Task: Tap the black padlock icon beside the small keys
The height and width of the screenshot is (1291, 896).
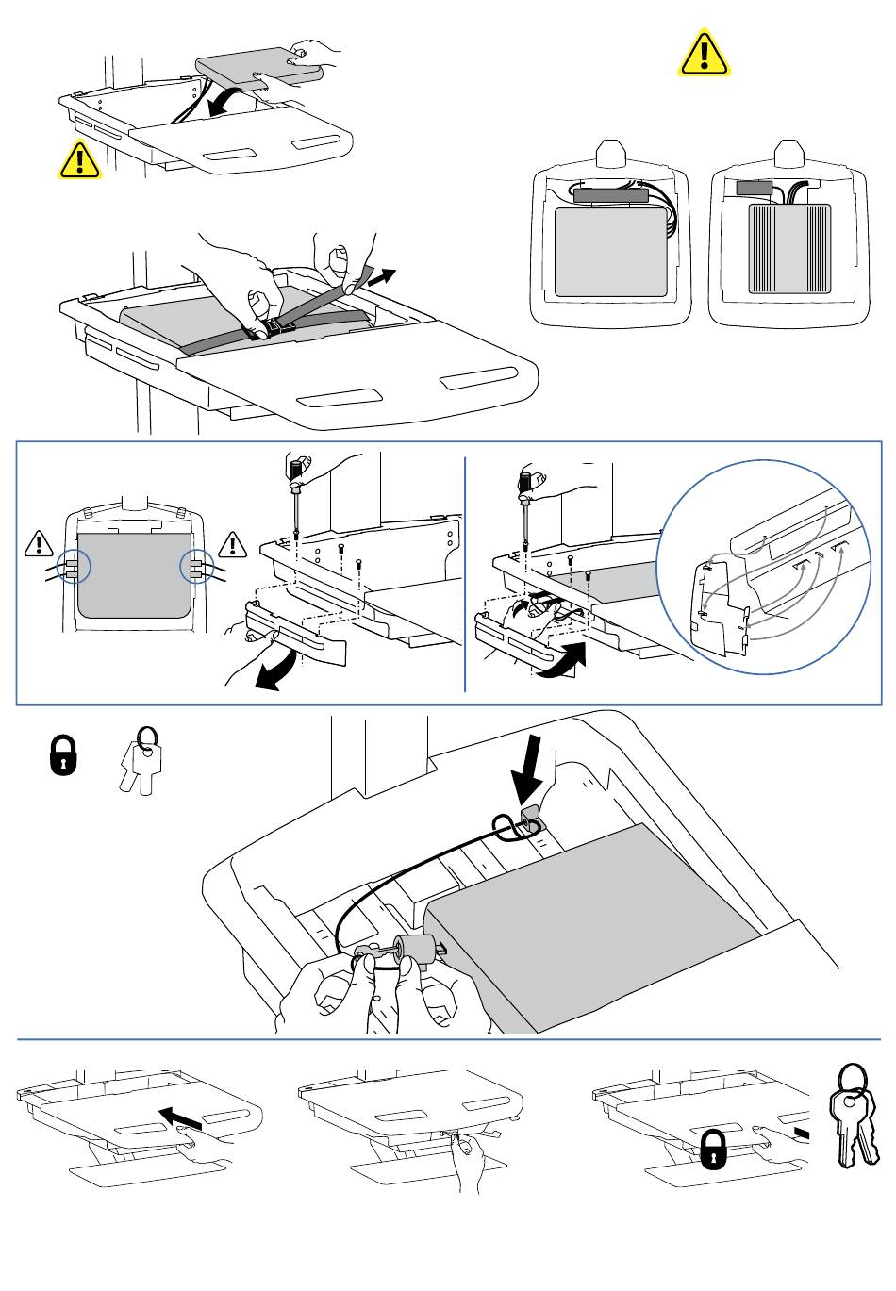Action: pyautogui.click(x=63, y=755)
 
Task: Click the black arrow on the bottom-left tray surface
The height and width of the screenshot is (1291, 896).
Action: pyautogui.click(x=181, y=1117)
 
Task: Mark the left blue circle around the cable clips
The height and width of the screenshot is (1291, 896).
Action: pyautogui.click(x=73, y=567)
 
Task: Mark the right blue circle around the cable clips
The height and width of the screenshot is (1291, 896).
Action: pyautogui.click(x=196, y=567)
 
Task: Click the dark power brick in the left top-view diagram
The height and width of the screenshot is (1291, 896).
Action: pyautogui.click(x=609, y=196)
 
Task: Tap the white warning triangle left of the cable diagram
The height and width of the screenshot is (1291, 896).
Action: pyautogui.click(x=39, y=543)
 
